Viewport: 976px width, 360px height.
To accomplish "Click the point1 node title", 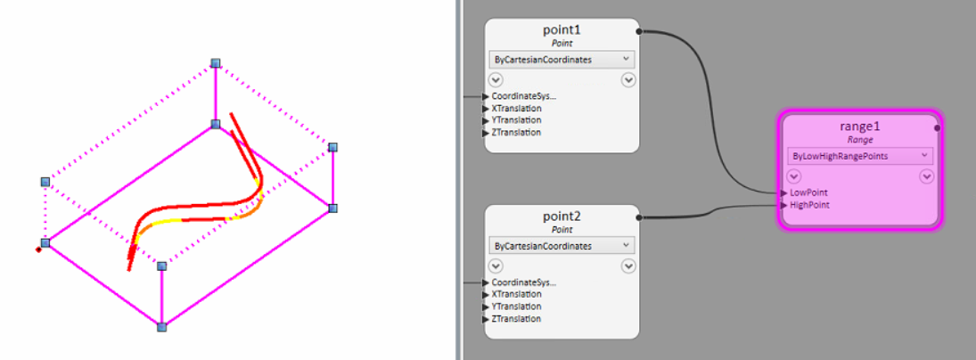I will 562,30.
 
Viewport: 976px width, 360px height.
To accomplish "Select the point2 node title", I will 562,217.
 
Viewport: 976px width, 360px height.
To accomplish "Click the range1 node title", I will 859,127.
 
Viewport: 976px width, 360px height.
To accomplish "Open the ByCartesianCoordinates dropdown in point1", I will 562,60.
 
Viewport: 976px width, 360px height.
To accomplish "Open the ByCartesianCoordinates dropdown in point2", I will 562,245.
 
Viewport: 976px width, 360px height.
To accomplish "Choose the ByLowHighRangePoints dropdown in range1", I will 859,155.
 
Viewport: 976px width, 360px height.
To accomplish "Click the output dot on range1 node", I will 937,127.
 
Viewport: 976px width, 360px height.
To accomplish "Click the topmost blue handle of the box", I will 215,63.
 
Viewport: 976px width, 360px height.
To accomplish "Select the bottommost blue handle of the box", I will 161,328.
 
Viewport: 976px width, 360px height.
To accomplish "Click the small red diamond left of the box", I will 38,250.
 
